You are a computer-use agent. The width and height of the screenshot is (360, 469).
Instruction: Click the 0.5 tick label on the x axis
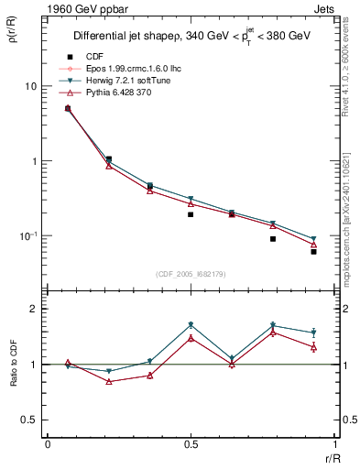[x=191, y=443]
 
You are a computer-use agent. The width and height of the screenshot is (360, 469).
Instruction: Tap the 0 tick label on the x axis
[x=48, y=443]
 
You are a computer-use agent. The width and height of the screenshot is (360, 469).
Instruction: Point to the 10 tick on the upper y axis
[x=29, y=86]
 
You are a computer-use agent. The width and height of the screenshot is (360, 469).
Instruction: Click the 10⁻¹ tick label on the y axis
[x=27, y=236]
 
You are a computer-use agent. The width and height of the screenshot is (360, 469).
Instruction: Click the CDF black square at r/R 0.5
[x=191, y=214]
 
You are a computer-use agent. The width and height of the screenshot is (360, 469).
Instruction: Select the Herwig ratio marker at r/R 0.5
[x=191, y=325]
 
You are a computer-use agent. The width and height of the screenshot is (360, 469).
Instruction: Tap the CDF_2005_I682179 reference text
[x=190, y=272]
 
